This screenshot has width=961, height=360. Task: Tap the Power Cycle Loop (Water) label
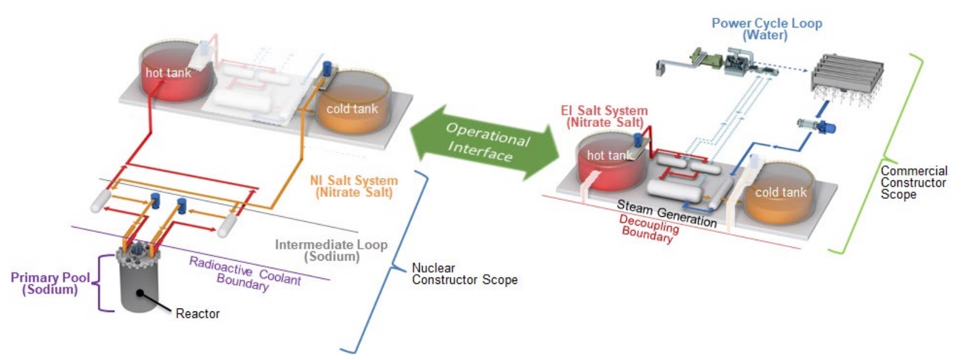coord(766,29)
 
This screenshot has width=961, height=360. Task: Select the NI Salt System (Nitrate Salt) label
coord(354,186)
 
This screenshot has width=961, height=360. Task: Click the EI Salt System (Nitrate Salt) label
coord(604,116)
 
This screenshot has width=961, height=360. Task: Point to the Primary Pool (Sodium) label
coord(50,283)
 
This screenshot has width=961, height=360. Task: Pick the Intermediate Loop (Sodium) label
coord(331,250)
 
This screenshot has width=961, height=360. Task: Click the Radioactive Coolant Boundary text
coord(244,273)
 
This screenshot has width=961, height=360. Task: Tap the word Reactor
coord(198,313)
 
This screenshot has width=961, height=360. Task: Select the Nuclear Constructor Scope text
coord(464,274)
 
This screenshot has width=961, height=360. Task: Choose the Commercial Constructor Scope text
coord(914,182)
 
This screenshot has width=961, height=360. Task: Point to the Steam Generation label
coord(666,213)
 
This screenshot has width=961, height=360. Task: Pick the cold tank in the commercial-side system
coord(780,195)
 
